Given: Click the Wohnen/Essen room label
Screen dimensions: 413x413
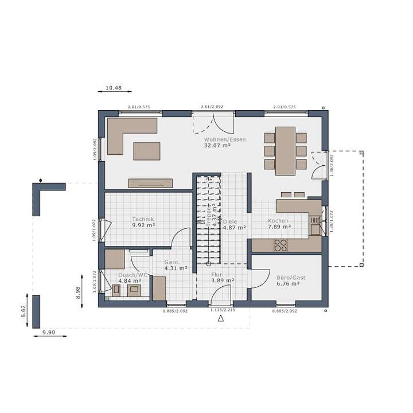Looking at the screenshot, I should click(217, 139).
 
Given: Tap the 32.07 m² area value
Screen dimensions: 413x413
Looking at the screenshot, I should click(217, 146).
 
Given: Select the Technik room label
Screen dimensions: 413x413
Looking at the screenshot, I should click(143, 219).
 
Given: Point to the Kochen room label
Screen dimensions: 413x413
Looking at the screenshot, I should click(278, 220).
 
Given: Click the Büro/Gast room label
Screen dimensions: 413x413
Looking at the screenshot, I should click(288, 277).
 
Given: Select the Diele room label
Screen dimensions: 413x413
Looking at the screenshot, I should click(230, 221).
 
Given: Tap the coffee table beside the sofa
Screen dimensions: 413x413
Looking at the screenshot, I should click(147, 151).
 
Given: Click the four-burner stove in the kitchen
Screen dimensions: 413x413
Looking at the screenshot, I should click(280, 245).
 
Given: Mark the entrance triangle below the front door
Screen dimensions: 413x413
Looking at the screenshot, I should click(221, 318).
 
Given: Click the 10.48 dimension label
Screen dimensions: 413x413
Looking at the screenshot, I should click(113, 88).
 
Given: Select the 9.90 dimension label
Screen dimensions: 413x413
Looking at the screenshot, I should click(48, 332).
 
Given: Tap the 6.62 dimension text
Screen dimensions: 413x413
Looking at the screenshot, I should click(24, 311).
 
